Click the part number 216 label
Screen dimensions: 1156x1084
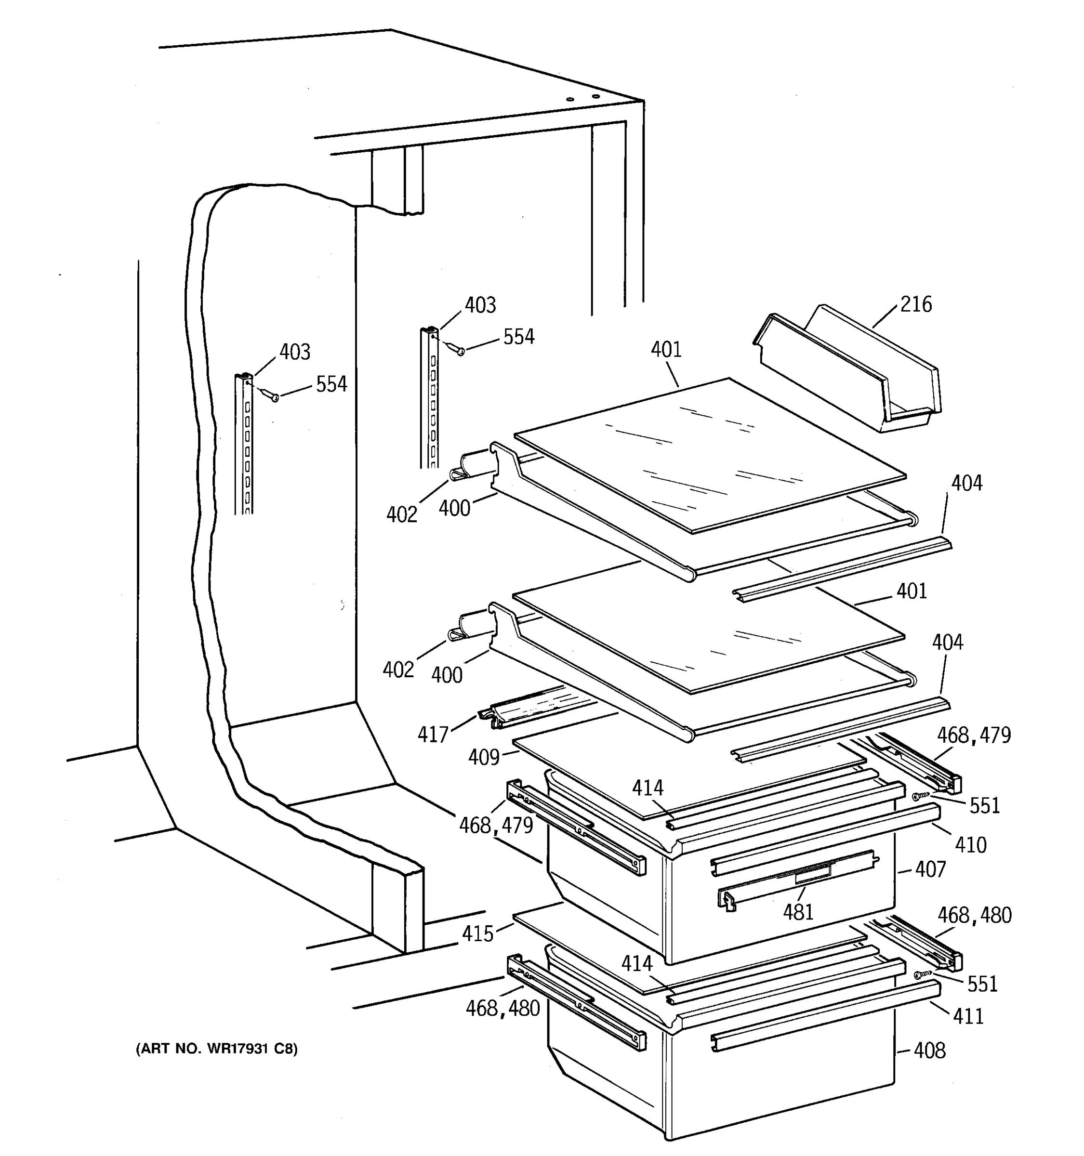(916, 304)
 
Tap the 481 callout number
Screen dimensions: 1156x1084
(798, 912)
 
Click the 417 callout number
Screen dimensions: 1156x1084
(433, 735)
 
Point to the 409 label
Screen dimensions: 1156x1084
(484, 757)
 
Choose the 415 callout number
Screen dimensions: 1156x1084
(477, 933)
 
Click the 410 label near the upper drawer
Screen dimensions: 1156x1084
(970, 845)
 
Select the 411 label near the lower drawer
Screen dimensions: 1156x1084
(968, 1016)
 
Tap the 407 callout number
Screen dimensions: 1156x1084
(930, 869)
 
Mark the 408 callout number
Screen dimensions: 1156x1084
(929, 1050)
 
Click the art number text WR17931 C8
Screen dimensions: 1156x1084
(217, 1049)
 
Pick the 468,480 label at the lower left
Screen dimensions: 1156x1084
(502, 1008)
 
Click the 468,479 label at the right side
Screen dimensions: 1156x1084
(974, 736)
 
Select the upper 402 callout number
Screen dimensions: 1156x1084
(402, 514)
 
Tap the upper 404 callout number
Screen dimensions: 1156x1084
(966, 483)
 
